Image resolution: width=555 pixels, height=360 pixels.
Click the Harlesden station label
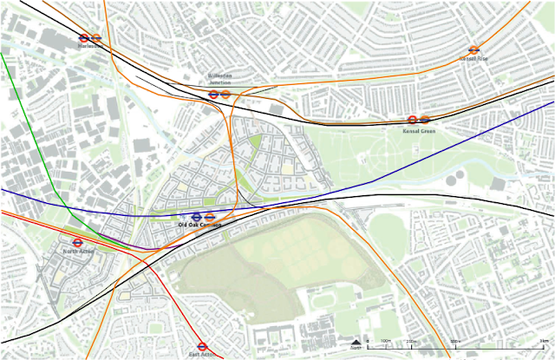point(89,47)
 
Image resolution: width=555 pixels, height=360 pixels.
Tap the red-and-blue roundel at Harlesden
point(84,38)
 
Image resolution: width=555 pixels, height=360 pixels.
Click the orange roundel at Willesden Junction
point(225,94)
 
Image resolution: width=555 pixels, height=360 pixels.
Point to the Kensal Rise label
point(473,60)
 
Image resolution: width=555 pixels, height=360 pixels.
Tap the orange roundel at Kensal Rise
point(473,50)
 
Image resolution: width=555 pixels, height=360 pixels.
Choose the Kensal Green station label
point(419,130)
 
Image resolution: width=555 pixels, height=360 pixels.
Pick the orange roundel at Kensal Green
point(425,121)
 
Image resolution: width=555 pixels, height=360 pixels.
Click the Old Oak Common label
point(200,226)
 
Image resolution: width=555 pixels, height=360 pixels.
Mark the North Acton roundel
point(76,244)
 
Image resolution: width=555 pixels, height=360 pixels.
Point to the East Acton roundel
point(202,344)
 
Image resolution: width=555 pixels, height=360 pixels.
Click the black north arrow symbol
point(356,340)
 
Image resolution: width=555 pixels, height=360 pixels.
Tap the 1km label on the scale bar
point(542,341)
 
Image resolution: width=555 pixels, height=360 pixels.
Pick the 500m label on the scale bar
point(454,341)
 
